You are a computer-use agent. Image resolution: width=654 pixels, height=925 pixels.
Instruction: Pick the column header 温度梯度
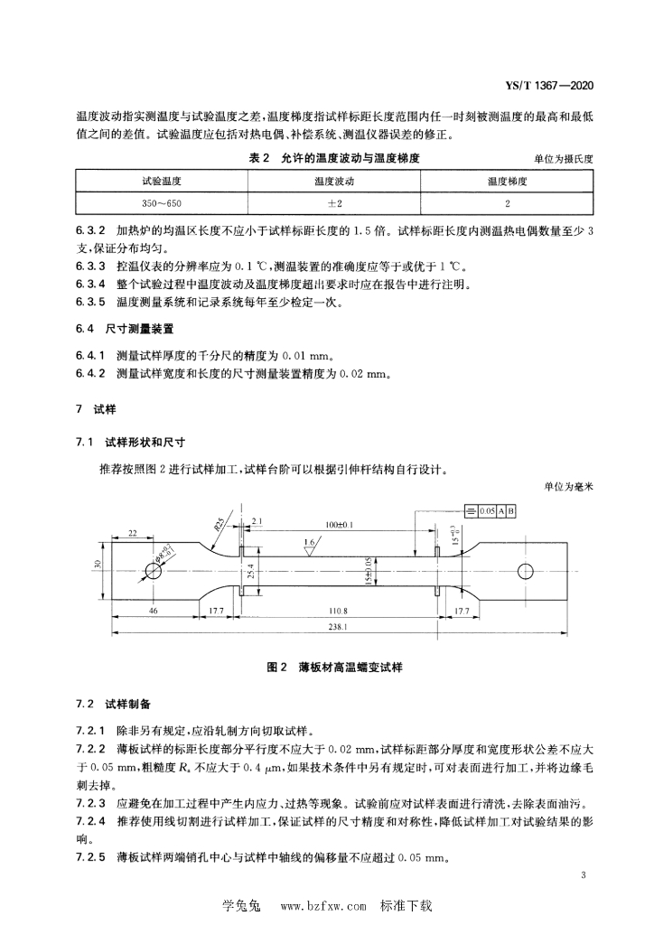[x=507, y=182]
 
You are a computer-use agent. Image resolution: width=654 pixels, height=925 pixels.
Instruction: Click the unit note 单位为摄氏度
[x=563, y=159]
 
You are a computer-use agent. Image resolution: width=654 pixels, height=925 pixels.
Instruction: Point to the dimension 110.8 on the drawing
[x=339, y=611]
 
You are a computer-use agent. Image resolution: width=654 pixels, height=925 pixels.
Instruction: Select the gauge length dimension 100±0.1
[x=340, y=523]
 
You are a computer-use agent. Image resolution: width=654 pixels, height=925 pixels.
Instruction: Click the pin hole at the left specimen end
[x=149, y=570]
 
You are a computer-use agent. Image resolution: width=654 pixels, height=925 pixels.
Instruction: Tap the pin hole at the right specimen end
[x=525, y=570]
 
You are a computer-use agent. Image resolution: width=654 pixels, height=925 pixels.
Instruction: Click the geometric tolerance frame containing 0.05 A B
[x=493, y=511]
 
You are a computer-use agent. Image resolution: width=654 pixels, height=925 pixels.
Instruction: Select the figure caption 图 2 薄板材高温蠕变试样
[x=334, y=668]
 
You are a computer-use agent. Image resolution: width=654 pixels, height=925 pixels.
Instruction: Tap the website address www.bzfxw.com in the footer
[x=324, y=904]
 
